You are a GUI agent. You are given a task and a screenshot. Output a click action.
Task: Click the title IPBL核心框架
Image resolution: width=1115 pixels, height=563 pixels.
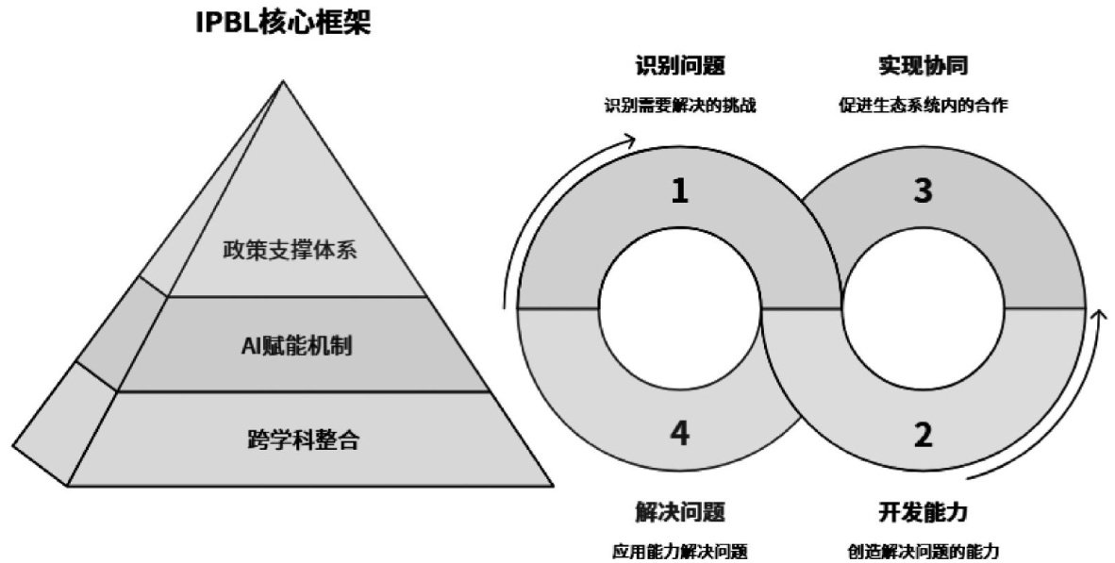282,23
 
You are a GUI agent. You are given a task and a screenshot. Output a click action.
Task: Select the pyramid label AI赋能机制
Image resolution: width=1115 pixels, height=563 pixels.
296,345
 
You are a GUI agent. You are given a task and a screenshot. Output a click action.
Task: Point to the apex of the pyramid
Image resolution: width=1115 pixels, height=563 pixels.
282,82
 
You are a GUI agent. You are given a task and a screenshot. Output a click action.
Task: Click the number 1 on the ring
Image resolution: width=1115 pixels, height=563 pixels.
679,192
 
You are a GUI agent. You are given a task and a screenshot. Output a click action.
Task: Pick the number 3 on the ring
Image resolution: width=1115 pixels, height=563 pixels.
924,191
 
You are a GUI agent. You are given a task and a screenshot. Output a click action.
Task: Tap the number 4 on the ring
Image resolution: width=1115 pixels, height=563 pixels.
679,435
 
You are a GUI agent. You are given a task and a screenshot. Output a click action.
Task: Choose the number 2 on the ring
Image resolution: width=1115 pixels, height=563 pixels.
924,435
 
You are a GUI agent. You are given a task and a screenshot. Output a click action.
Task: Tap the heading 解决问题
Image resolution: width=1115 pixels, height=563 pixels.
679,512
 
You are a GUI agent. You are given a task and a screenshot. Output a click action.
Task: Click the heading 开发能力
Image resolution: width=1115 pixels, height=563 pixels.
924,512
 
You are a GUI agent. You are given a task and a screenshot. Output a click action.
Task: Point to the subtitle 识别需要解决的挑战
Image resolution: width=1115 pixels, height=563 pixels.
679,106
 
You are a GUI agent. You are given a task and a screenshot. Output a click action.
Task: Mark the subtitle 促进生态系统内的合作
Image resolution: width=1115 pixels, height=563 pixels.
924,106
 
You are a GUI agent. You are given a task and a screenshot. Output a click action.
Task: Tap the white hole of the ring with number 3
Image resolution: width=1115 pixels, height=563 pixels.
924,307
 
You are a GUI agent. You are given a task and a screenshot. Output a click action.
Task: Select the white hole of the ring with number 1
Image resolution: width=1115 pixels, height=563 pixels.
679,307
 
